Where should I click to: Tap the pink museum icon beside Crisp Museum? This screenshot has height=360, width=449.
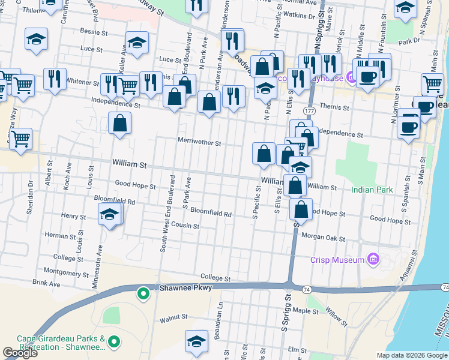coord(373,259)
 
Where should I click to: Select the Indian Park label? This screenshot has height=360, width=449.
coord(372,190)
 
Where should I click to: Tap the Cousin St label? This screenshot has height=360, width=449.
coord(185,226)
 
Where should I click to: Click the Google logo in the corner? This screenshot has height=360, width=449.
coord(20,353)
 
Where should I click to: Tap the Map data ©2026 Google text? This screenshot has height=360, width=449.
coord(411,355)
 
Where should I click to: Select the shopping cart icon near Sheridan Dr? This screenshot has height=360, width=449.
coord(20,139)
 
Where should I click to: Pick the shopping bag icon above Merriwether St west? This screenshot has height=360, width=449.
coord(120,124)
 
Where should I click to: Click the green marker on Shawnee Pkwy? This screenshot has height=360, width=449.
coord(143,293)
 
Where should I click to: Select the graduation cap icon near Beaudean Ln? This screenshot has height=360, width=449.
coord(196,341)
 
